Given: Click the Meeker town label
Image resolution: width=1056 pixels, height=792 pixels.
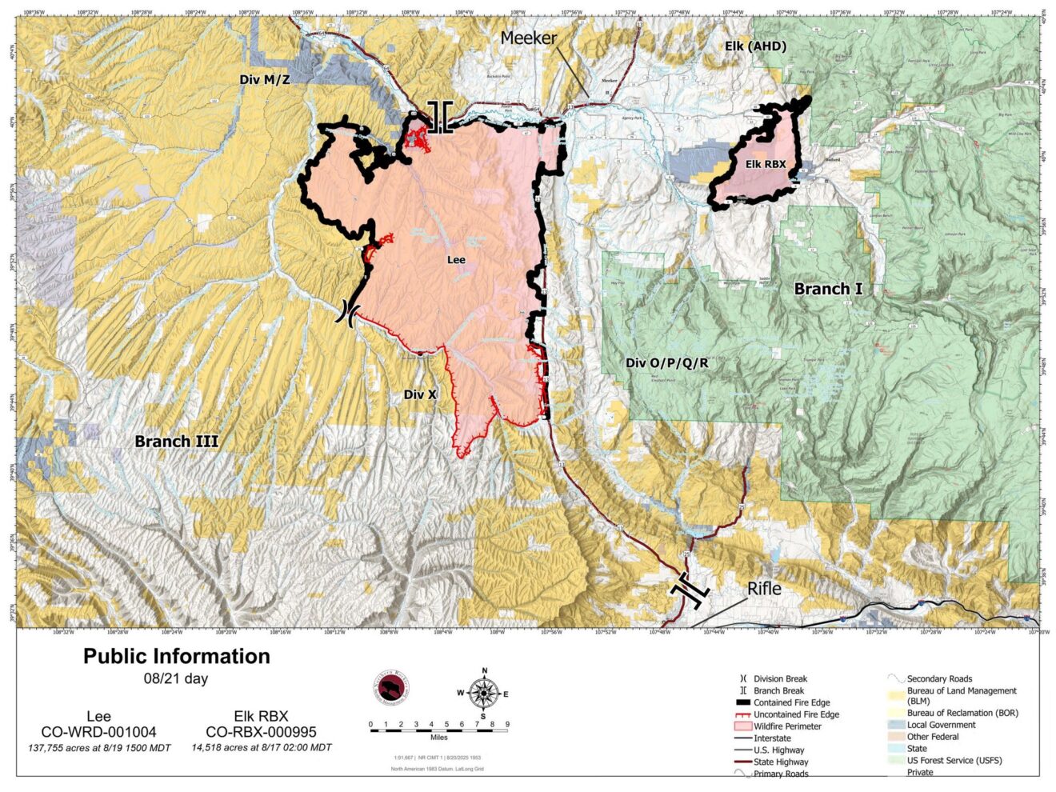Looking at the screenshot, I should (x=528, y=38).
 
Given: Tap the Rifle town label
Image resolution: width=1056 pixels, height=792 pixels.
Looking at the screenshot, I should (x=764, y=588).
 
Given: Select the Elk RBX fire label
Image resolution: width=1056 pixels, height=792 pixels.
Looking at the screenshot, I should (x=766, y=164).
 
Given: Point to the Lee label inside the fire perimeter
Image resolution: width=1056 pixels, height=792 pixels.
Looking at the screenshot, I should (x=456, y=259).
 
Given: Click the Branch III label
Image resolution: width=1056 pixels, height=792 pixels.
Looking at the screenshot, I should (x=176, y=441).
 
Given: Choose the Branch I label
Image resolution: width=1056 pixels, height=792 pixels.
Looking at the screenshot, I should (x=828, y=289).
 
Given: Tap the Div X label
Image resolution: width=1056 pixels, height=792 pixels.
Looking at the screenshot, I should (x=420, y=394).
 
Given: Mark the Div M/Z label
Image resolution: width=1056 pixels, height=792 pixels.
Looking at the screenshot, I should (x=265, y=79).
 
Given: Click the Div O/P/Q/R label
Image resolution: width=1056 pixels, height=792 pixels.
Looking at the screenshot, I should (x=666, y=362).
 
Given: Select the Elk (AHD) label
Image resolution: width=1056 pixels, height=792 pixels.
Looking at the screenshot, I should (x=755, y=46).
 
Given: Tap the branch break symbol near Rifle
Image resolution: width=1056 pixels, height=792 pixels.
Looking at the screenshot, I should (x=690, y=589).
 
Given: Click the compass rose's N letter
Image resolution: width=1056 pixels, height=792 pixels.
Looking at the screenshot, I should (x=484, y=671).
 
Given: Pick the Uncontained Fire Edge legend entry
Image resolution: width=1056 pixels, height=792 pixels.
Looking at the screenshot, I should (x=796, y=714).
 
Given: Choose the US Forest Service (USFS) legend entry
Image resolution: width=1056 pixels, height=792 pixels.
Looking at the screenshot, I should (x=954, y=760).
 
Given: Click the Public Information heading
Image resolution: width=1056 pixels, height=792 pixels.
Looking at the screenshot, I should (x=177, y=656).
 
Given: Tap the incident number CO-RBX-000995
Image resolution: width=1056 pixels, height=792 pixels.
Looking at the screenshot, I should (x=261, y=732).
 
